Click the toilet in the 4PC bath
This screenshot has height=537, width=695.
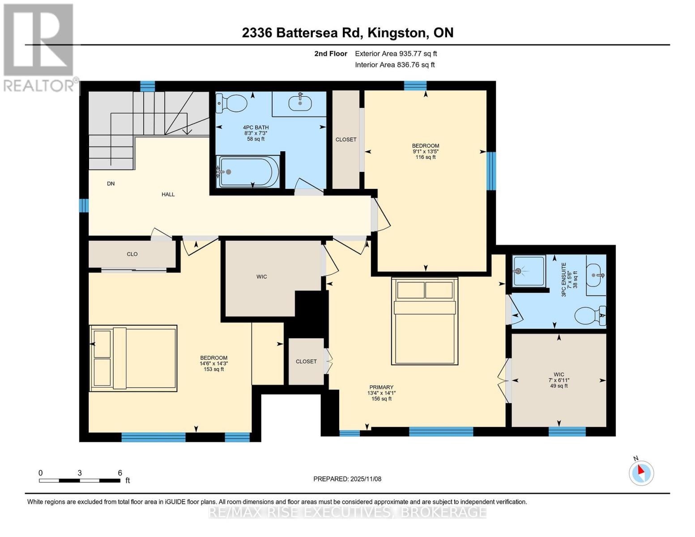coord(232,103)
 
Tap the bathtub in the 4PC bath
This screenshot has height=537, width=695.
coord(247,171)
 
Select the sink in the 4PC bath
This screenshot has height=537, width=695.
coord(300,103)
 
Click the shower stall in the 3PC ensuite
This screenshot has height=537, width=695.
coord(529,271)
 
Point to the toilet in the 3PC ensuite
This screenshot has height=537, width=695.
coord(589,316)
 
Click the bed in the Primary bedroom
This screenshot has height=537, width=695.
coord(425,321)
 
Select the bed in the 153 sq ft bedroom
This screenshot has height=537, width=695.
coord(134,358)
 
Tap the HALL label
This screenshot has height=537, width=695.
coord(168,195)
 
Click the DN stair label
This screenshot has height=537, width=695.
coord(111,183)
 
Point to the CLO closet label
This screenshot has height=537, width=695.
coord(132,254)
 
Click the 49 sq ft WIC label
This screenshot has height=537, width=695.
coord(559,380)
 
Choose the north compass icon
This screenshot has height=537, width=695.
coord(641,473)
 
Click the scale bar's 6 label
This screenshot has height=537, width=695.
coord(120,473)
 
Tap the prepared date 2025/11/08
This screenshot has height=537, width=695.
coord(347,479)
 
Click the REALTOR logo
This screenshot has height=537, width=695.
coord(39,47)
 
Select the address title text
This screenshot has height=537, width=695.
coord(347,33)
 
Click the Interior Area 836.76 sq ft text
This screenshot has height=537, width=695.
coord(395,65)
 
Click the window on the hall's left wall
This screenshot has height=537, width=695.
coord(84,206)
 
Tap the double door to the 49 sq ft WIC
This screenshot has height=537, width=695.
coord(507,380)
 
